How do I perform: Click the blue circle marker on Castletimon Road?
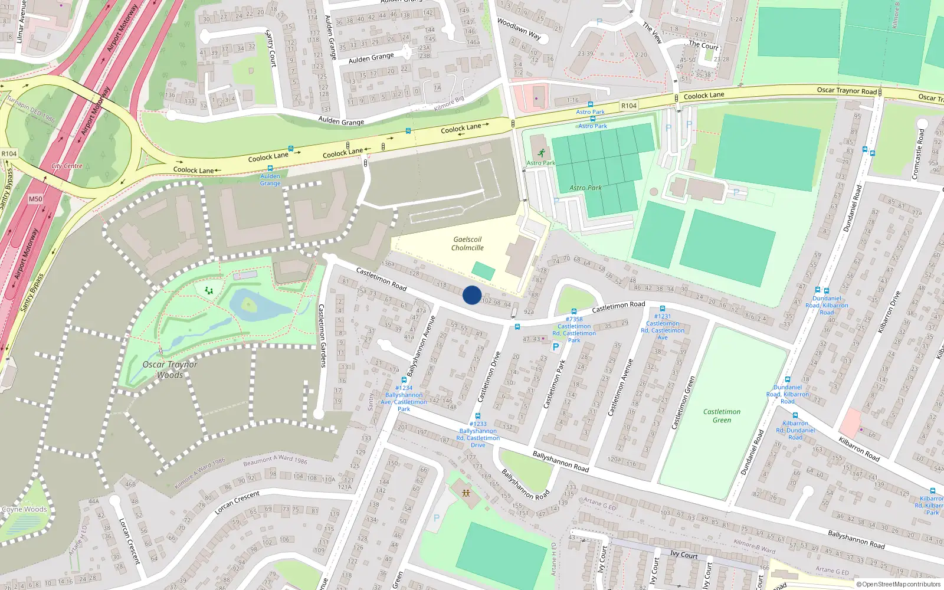click(472, 295)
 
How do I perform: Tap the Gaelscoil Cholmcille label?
click(467, 244)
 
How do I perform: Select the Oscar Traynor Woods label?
click(170, 369)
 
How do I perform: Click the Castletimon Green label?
click(722, 416)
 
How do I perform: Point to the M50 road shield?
click(35, 199)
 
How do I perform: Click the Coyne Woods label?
click(24, 509)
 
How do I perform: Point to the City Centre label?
click(67, 166)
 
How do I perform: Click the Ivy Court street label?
click(684, 555)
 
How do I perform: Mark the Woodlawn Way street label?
click(519, 29)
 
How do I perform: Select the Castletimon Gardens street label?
click(322, 336)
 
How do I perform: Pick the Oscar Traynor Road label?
click(847, 91)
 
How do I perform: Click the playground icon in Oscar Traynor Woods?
click(208, 290)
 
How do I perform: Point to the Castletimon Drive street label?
click(489, 377)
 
